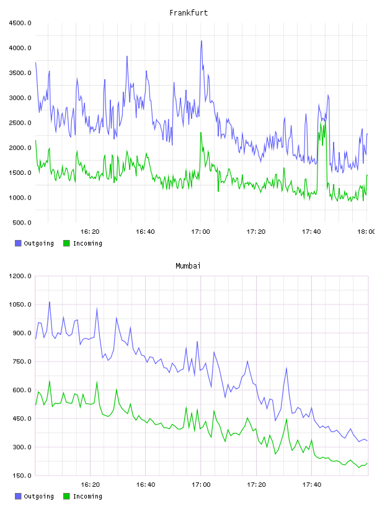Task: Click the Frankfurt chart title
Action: point(188,13)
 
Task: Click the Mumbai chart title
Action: point(188,266)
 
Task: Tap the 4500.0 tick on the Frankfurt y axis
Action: point(20,23)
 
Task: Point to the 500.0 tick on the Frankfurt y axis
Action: point(22,223)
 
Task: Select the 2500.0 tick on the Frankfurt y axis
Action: point(20,123)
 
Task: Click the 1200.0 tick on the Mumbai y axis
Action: point(20,276)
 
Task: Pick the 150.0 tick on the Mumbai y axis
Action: point(22,476)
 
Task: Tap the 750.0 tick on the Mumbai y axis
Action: point(22,362)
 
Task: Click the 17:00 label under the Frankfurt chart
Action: point(200,232)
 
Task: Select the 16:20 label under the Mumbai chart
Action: point(90,485)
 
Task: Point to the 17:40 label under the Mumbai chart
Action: point(312,485)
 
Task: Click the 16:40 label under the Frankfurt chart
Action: point(145,232)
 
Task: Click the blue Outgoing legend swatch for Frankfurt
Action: point(18,243)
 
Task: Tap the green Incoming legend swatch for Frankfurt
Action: point(66,243)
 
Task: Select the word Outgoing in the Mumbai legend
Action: point(38,496)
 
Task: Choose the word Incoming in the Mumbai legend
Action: point(87,496)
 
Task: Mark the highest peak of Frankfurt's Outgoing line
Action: point(202,41)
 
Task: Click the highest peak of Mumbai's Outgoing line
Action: point(50,302)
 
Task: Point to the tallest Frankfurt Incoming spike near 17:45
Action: point(325,120)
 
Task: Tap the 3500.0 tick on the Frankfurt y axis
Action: point(20,73)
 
